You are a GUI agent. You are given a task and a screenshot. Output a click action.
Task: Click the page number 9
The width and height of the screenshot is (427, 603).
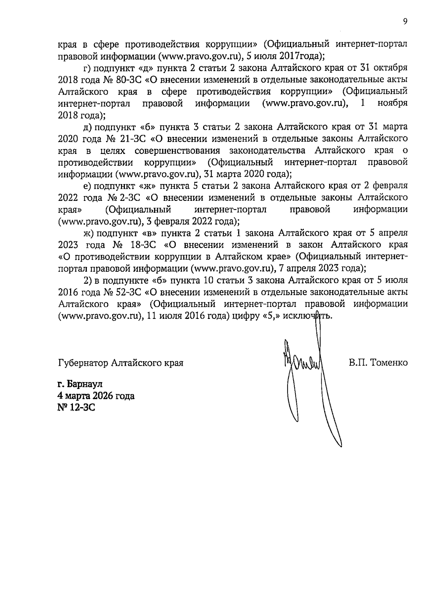[405, 21]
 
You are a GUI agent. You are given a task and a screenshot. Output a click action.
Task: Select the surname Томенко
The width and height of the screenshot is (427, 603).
[389, 363]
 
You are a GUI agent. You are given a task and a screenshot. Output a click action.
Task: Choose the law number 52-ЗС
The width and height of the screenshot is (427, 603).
[130, 292]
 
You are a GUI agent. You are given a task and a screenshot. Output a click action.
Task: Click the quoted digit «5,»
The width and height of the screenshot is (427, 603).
[270, 316]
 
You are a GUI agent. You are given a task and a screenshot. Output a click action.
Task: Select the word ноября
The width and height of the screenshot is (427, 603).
[393, 103]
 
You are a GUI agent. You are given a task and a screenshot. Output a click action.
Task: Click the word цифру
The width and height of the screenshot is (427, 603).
[245, 316]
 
